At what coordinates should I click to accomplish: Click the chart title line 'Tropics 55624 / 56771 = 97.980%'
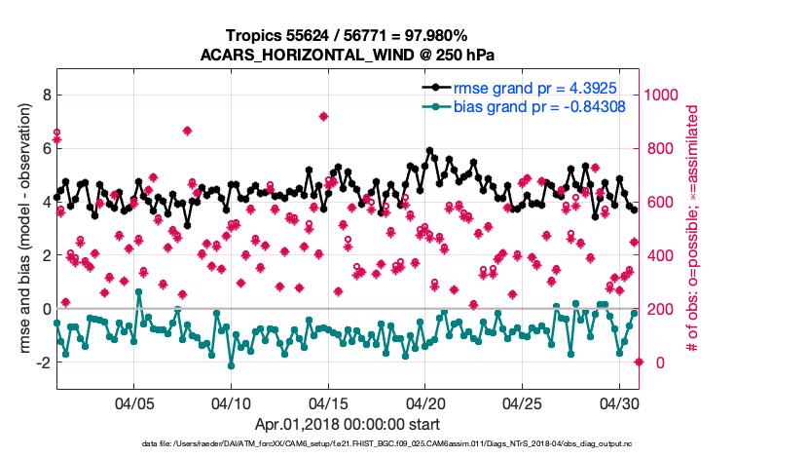348,35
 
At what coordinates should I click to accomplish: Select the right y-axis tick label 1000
666,95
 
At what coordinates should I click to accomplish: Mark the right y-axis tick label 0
653,363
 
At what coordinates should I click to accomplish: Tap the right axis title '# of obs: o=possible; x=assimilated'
693,229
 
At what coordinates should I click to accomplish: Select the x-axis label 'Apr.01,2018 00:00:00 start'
348,424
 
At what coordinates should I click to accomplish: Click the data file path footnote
348,444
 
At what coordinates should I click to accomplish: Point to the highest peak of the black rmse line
430,151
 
